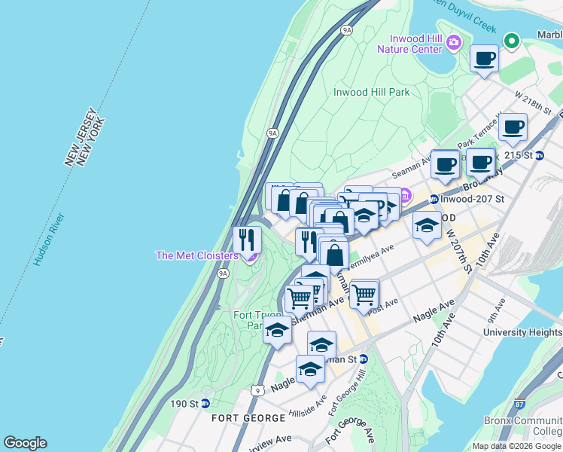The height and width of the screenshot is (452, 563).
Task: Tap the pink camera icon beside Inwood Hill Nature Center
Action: click(454, 42)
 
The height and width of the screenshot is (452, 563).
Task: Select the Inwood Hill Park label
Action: click(371, 93)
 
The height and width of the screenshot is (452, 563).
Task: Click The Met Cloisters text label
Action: click(196, 255)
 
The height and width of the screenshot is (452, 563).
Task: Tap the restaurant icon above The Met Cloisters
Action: click(247, 240)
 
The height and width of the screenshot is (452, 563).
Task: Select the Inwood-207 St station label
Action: click(470, 199)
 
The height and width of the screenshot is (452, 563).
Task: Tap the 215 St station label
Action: click(528, 155)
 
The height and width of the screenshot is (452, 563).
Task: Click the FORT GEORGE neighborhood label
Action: click(248, 417)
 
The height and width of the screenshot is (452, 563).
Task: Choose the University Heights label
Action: click(522, 331)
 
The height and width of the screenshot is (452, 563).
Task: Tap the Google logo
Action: click(25, 443)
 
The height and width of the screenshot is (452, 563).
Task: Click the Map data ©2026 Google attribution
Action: click(516, 446)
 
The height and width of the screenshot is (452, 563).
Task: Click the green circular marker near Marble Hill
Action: click(512, 41)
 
